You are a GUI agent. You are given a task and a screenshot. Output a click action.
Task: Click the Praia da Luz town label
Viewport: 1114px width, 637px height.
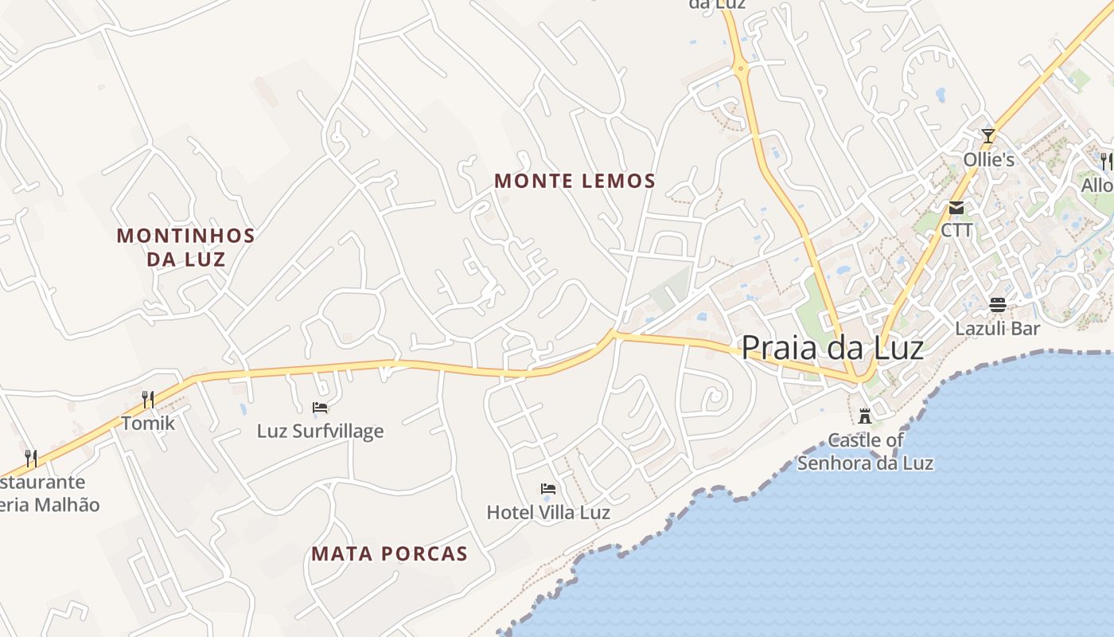click(832, 349)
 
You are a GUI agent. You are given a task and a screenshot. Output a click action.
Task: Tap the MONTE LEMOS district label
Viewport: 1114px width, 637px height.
click(575, 182)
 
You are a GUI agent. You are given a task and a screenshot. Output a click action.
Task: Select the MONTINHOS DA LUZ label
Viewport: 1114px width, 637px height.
click(185, 247)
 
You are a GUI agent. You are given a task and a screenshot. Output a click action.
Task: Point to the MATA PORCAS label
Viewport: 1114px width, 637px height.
click(389, 554)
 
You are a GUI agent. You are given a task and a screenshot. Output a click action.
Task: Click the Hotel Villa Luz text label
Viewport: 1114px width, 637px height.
click(548, 513)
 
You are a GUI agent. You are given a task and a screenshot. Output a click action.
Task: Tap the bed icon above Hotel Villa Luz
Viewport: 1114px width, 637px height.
click(548, 488)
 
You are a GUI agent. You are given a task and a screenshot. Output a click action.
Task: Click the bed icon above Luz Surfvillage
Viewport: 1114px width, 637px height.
click(320, 408)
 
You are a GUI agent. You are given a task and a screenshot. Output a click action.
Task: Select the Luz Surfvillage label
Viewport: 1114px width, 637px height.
click(320, 432)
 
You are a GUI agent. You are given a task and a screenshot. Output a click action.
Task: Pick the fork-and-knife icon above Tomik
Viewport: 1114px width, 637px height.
click(148, 399)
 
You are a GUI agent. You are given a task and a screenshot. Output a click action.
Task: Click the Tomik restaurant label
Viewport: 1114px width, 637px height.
click(148, 423)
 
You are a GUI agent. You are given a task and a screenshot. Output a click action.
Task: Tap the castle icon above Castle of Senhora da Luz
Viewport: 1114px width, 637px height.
click(865, 416)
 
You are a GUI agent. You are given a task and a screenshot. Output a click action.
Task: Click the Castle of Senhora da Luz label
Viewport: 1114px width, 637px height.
click(866, 451)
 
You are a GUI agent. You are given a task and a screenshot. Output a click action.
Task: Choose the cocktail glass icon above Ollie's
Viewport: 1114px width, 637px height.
click(988, 135)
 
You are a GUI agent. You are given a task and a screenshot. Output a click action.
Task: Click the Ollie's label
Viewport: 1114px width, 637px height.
click(988, 160)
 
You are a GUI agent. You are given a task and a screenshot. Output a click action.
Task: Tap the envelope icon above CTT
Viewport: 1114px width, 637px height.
click(956, 208)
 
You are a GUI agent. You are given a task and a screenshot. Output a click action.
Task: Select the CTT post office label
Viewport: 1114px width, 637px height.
click(956, 230)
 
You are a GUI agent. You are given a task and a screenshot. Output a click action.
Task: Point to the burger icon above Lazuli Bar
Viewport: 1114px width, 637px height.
click(998, 304)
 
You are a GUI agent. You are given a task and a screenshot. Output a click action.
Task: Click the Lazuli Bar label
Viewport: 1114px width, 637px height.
click(998, 328)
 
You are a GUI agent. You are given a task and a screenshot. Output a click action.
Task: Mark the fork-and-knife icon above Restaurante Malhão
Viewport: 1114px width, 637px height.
click(31, 458)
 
